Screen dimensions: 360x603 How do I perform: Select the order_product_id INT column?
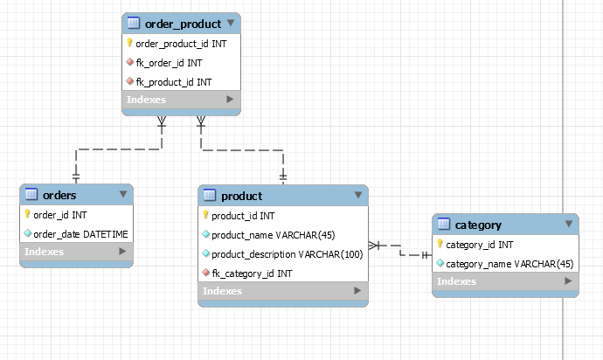tap(181, 43)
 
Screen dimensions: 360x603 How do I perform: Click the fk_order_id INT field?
tap(169, 62)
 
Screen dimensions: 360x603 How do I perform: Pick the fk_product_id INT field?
tap(173, 81)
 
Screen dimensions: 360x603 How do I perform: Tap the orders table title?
tap(59, 195)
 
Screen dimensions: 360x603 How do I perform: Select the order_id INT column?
tap(59, 214)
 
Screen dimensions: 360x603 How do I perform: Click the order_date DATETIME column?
tap(80, 233)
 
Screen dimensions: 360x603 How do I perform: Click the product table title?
tap(241, 196)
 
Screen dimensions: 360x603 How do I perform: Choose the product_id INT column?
tap(243, 215)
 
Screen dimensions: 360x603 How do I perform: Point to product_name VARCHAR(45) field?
tap(274, 234)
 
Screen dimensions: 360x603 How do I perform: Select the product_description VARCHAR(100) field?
tap(287, 253)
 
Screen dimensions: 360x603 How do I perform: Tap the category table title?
tap(478, 225)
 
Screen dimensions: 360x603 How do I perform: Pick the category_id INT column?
tap(479, 244)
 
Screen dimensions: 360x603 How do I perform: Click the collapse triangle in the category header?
tap(569, 225)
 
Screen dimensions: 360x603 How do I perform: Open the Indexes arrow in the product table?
tap(355, 291)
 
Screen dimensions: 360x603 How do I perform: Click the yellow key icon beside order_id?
tap(27, 214)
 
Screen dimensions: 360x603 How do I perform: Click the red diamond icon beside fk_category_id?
tap(205, 273)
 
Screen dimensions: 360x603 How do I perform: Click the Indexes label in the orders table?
tap(44, 252)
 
